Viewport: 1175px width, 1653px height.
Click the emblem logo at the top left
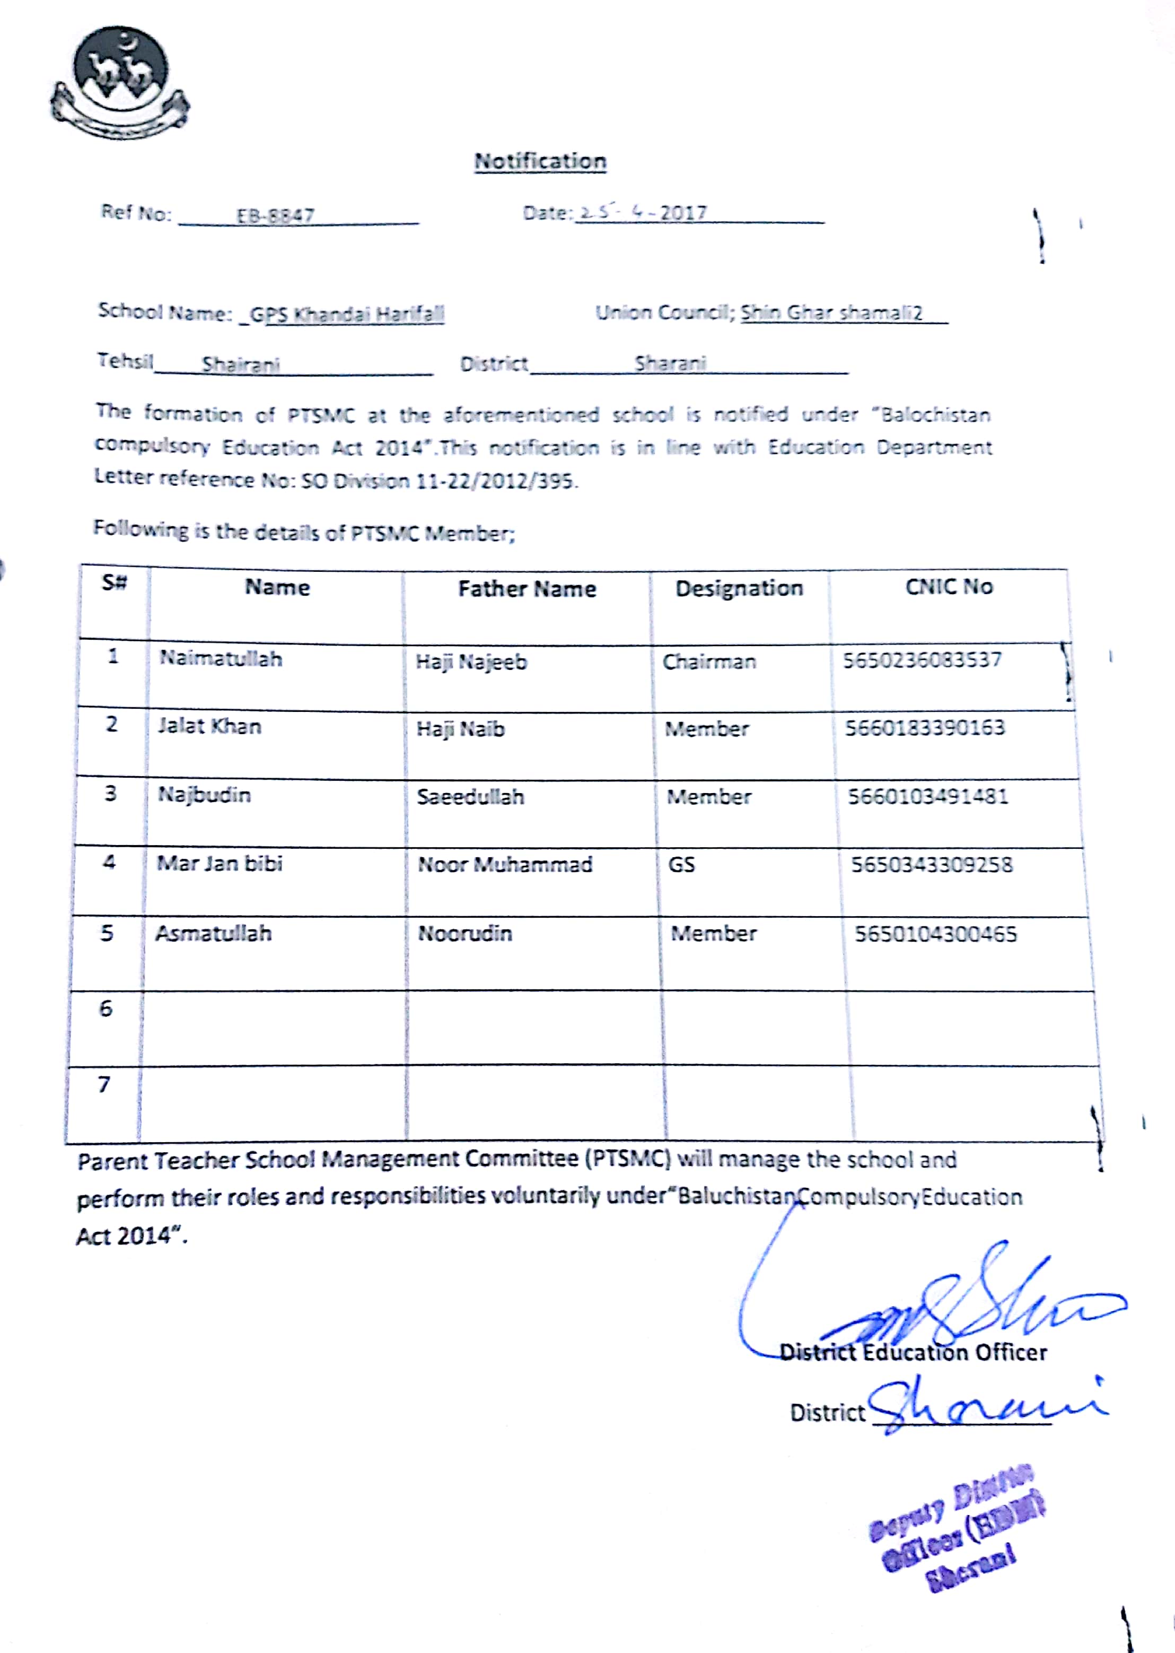121,83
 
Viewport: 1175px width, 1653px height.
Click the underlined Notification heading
540,161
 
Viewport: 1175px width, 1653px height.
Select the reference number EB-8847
275,216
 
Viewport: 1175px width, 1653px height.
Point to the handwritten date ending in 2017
643,213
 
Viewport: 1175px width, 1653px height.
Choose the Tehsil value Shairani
240,364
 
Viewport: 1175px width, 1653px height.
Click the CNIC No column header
949,587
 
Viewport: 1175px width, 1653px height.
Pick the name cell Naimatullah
221,658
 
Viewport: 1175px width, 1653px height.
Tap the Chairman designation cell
709,662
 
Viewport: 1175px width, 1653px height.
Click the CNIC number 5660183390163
925,727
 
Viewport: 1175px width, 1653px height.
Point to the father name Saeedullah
470,797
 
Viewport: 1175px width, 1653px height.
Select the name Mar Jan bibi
219,864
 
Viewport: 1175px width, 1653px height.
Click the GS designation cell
681,864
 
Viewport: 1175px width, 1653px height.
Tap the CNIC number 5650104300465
935,934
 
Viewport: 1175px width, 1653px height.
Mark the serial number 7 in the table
104,1084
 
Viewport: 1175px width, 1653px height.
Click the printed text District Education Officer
913,1352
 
